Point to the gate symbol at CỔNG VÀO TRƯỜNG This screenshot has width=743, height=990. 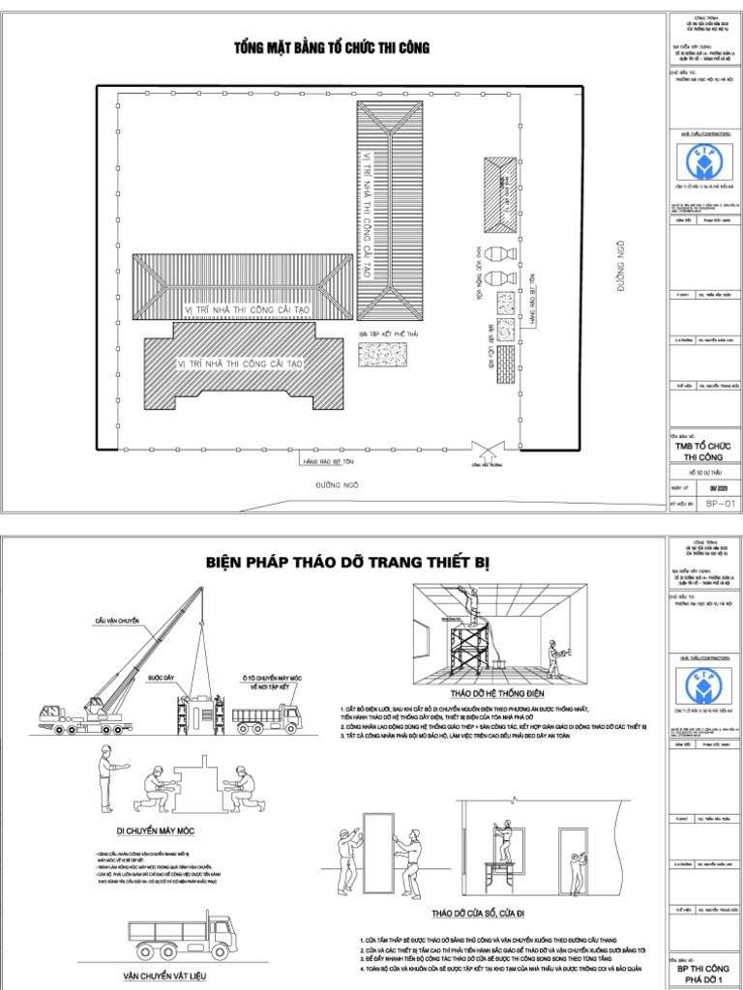click(486, 448)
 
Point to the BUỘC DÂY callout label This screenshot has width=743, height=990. click(163, 678)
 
